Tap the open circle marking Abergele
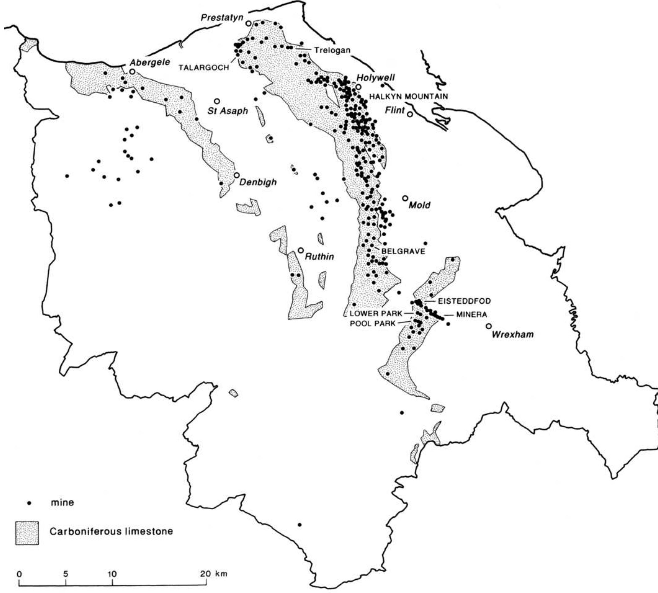132,71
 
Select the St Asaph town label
228,111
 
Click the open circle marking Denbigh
237,175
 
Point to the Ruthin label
320,256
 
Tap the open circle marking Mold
405,198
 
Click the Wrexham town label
513,334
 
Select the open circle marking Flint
410,114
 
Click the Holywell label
375,78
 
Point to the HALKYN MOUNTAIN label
408,96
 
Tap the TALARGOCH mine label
204,68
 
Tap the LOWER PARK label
376,314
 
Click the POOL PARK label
373,323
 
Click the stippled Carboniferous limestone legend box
27,533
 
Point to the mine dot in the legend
29,503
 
